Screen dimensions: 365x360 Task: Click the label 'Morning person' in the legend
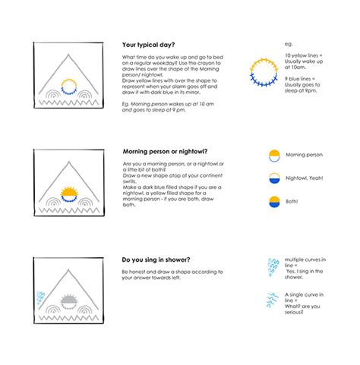[x=304, y=155]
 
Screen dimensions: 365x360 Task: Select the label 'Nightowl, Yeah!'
[x=305, y=178]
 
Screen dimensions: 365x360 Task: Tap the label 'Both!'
[x=293, y=201]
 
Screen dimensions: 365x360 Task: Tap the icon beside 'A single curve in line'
[x=267, y=301]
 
